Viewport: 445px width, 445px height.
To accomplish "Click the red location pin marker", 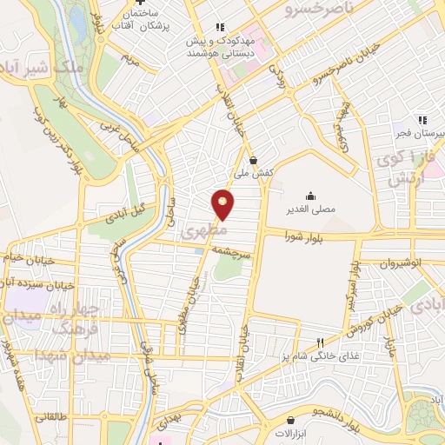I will pos(223,204).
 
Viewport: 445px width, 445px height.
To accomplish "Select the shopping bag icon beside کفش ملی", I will pos(253,160).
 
